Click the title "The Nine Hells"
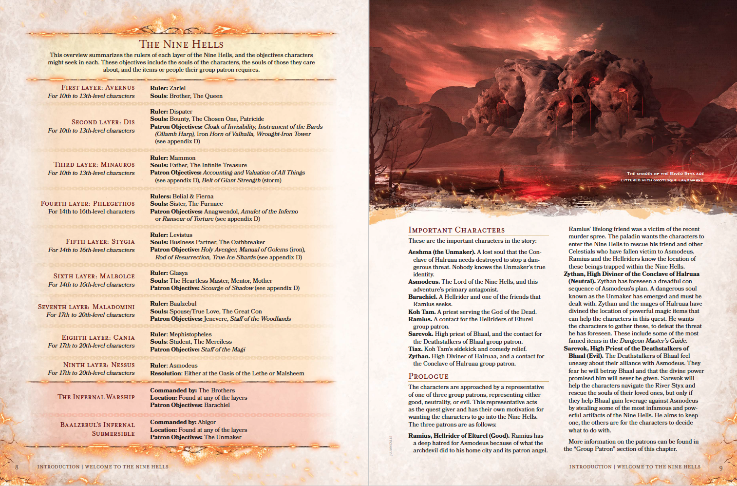coord(181,44)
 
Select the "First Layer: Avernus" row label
coord(98,88)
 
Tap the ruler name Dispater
coord(181,112)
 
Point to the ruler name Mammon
coord(182,158)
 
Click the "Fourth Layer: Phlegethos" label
coord(88,204)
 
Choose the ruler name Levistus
coord(181,235)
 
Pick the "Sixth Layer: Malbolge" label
coord(94,276)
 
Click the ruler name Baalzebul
coord(183,304)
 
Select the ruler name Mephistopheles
coord(190,334)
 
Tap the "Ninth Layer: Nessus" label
coord(99,365)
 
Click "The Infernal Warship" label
coord(96,397)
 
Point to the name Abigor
coord(207,422)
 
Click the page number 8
coord(17,467)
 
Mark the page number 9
coord(721,468)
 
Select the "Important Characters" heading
coord(456,230)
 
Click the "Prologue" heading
coord(428,376)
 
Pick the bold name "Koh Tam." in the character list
coord(421,312)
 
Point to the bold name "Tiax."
coord(415,349)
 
